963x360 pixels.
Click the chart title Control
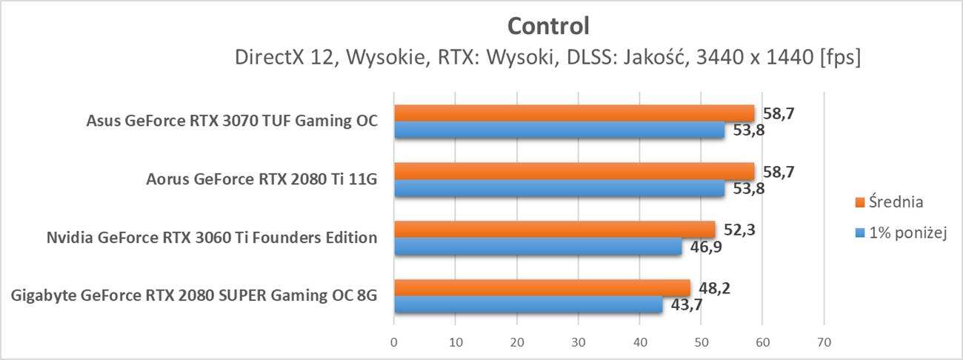tap(548, 27)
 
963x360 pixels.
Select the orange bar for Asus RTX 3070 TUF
tap(573, 113)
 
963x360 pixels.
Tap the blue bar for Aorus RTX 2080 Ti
tap(559, 189)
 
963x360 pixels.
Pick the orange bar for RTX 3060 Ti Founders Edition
tap(554, 229)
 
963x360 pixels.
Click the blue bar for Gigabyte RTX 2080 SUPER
tap(527, 304)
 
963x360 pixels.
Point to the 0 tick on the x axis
tap(394, 342)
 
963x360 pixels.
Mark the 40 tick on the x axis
tap(639, 342)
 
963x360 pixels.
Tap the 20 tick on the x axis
tap(517, 342)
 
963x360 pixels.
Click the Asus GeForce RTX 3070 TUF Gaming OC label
tap(231, 121)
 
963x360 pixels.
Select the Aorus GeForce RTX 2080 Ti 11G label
tap(257, 180)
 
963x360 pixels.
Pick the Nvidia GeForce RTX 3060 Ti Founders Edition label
tap(211, 238)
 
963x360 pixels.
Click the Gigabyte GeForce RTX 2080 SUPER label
tap(195, 296)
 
